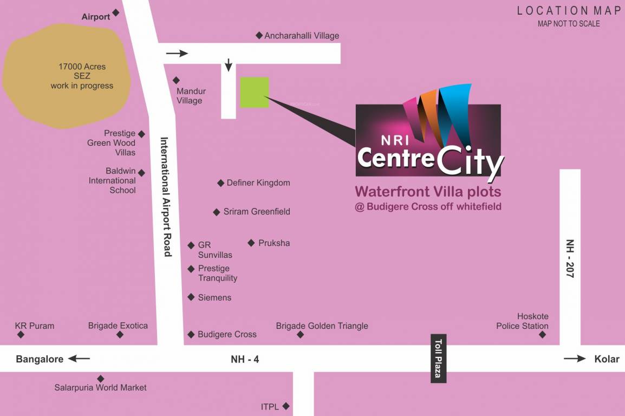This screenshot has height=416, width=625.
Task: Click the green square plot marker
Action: tap(255, 93)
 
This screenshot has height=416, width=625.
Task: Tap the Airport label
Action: tap(96, 17)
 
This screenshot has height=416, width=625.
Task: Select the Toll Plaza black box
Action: tap(439, 359)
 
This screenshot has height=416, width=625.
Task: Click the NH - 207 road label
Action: tap(570, 258)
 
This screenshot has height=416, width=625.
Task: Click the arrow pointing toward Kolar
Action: tap(575, 359)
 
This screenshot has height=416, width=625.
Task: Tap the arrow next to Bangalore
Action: tap(79, 359)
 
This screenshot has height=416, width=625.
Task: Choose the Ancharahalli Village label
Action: tap(301, 36)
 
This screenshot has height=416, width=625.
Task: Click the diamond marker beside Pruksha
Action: tap(251, 243)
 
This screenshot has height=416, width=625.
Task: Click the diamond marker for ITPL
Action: tap(286, 406)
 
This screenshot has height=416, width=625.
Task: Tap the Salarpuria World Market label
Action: tap(100, 387)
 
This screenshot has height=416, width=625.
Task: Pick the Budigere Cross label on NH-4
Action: tap(227, 335)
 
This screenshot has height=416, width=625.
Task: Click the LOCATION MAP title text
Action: tap(569, 10)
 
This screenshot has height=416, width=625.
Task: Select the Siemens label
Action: tap(214, 297)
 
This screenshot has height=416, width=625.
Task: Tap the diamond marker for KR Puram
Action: tap(21, 335)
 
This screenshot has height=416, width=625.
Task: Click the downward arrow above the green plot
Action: tap(229, 64)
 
